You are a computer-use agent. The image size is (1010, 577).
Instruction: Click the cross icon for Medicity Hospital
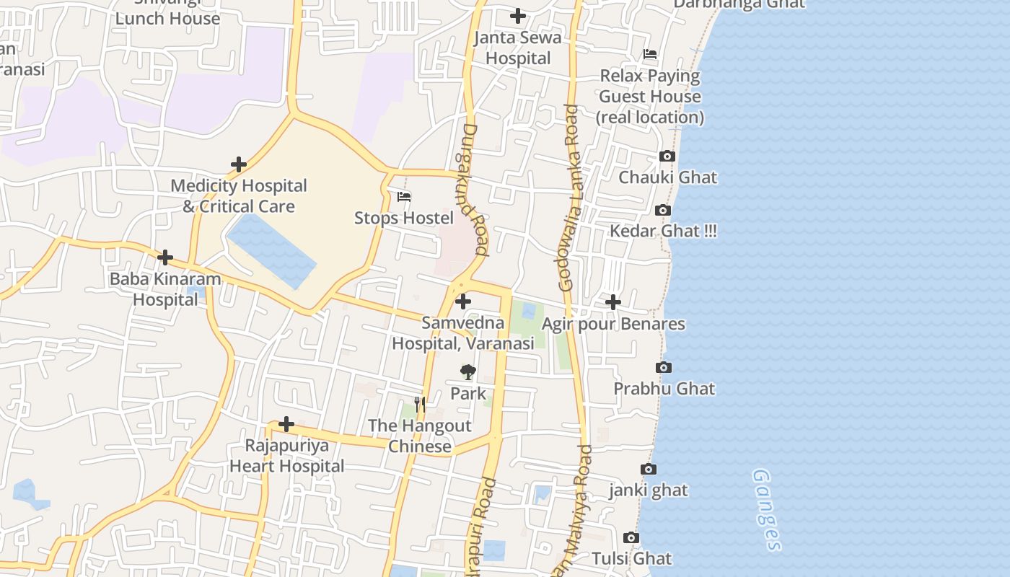239,164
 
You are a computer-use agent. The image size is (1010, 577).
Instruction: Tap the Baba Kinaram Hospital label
165,289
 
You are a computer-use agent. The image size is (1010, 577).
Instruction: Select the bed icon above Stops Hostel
404,196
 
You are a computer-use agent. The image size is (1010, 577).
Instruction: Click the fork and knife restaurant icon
420,405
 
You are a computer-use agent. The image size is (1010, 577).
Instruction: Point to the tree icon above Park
468,372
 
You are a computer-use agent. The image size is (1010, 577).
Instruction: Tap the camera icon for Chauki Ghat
667,157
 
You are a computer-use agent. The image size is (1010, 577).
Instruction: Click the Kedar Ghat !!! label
663,232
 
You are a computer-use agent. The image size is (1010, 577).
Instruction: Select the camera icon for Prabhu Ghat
664,368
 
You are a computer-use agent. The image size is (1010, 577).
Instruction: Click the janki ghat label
649,490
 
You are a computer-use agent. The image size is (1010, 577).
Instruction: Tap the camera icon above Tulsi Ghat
631,538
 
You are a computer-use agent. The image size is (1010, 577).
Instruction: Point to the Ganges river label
766,509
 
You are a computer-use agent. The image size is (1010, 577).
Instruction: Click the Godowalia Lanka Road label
568,198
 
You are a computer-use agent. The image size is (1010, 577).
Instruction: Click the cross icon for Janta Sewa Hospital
518,16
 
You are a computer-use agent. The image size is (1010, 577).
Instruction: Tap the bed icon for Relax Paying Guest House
650,54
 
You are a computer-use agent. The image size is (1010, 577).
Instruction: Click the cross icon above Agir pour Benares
613,302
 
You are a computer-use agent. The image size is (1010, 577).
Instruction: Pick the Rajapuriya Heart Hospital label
287,456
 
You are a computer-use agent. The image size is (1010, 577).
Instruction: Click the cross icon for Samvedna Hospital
463,301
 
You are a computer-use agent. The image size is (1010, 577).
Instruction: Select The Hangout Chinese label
420,436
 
